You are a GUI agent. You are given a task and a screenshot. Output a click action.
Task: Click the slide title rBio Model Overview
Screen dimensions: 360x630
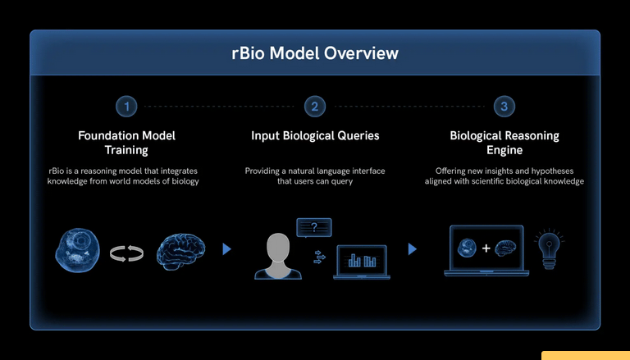(x=315, y=53)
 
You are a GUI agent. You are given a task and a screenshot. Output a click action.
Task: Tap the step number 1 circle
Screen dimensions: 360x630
(x=126, y=106)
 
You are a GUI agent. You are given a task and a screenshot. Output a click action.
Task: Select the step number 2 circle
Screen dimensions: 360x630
(x=315, y=106)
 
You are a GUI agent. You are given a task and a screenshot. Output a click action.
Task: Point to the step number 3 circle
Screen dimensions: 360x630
(x=504, y=106)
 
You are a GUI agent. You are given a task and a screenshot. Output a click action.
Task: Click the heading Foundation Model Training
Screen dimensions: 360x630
(x=126, y=143)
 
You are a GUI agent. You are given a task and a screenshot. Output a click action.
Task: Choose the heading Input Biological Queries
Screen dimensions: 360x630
(x=315, y=135)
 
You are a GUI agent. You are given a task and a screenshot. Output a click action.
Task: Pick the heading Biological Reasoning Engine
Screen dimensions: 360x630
(x=504, y=143)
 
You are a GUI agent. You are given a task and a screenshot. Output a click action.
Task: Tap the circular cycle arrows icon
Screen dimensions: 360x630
(x=127, y=253)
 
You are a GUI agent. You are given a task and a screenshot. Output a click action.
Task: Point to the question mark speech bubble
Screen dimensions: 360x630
(x=314, y=228)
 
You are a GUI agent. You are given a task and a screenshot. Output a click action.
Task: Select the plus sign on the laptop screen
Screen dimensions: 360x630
(x=486, y=247)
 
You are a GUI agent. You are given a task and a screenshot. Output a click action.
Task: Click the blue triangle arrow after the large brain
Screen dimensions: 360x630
(x=227, y=249)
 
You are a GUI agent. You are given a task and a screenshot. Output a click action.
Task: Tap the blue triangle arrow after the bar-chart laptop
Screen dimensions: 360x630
(x=412, y=249)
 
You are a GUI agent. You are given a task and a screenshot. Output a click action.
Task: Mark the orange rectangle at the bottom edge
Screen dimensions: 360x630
(x=585, y=355)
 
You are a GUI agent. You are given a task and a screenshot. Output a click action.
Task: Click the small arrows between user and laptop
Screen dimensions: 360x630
(x=319, y=257)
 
